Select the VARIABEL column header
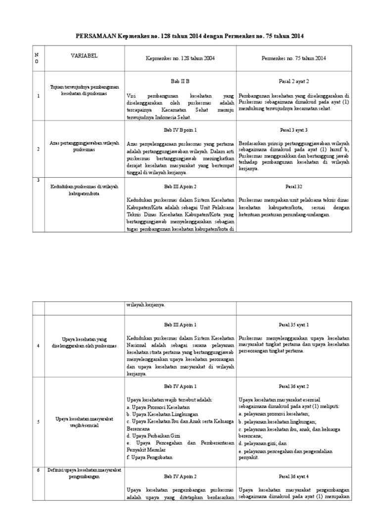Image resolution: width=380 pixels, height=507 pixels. coord(84,56)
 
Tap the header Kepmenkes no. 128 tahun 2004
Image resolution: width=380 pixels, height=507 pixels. coord(180,58)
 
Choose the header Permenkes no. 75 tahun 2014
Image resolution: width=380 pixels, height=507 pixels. coord(294,58)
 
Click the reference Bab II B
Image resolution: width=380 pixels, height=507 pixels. coord(180,80)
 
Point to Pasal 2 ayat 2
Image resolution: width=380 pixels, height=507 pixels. coord(294,80)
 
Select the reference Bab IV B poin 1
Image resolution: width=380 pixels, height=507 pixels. coord(180,130)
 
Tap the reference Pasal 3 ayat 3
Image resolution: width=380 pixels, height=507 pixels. coord(294,130)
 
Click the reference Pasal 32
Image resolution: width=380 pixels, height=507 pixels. coord(294,187)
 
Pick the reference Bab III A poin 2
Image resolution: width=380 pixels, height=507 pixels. coord(180,187)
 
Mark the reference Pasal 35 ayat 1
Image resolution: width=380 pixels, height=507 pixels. coord(294,325)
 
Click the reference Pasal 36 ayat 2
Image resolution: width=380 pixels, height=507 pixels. coord(294,386)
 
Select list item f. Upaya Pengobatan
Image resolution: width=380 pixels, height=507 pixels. coord(149,452)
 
